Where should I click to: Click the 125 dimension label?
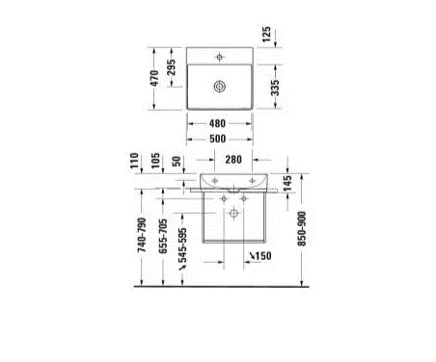[x=266, y=34]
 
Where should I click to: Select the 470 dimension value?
[x=154, y=78]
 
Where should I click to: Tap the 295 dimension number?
[x=172, y=67]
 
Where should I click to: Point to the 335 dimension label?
[x=275, y=88]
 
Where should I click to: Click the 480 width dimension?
[x=217, y=123]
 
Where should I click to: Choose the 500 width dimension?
[x=218, y=139]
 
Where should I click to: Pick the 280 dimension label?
[x=233, y=160]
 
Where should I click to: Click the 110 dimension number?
[x=134, y=160]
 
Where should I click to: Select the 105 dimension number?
[x=155, y=161]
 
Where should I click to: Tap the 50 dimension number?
[x=177, y=161]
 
